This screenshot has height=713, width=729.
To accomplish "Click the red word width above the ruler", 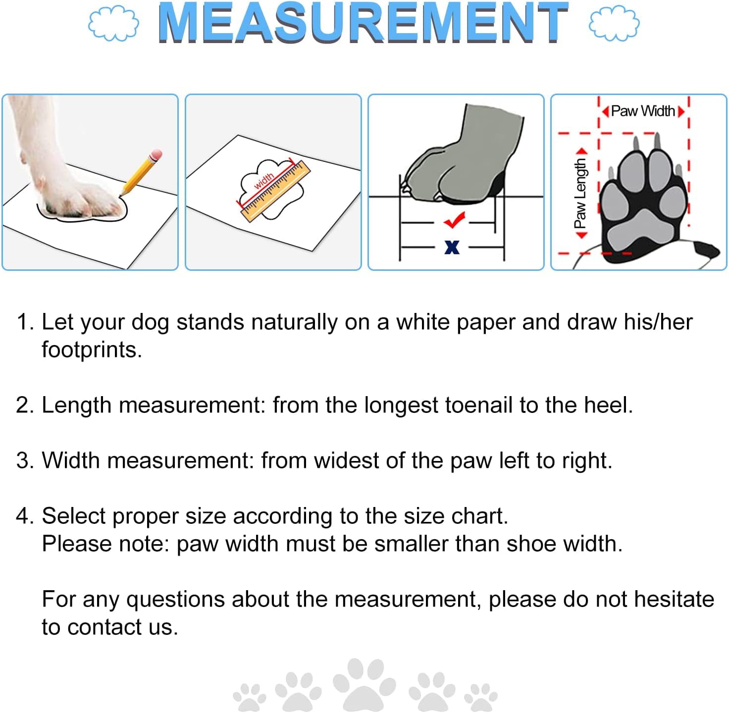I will (263, 181).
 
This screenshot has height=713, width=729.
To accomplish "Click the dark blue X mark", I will (452, 247).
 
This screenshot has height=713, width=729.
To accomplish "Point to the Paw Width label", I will (643, 111).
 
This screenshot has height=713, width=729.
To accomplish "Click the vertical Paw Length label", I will (580, 193).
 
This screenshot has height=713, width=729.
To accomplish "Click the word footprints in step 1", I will (91, 350).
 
